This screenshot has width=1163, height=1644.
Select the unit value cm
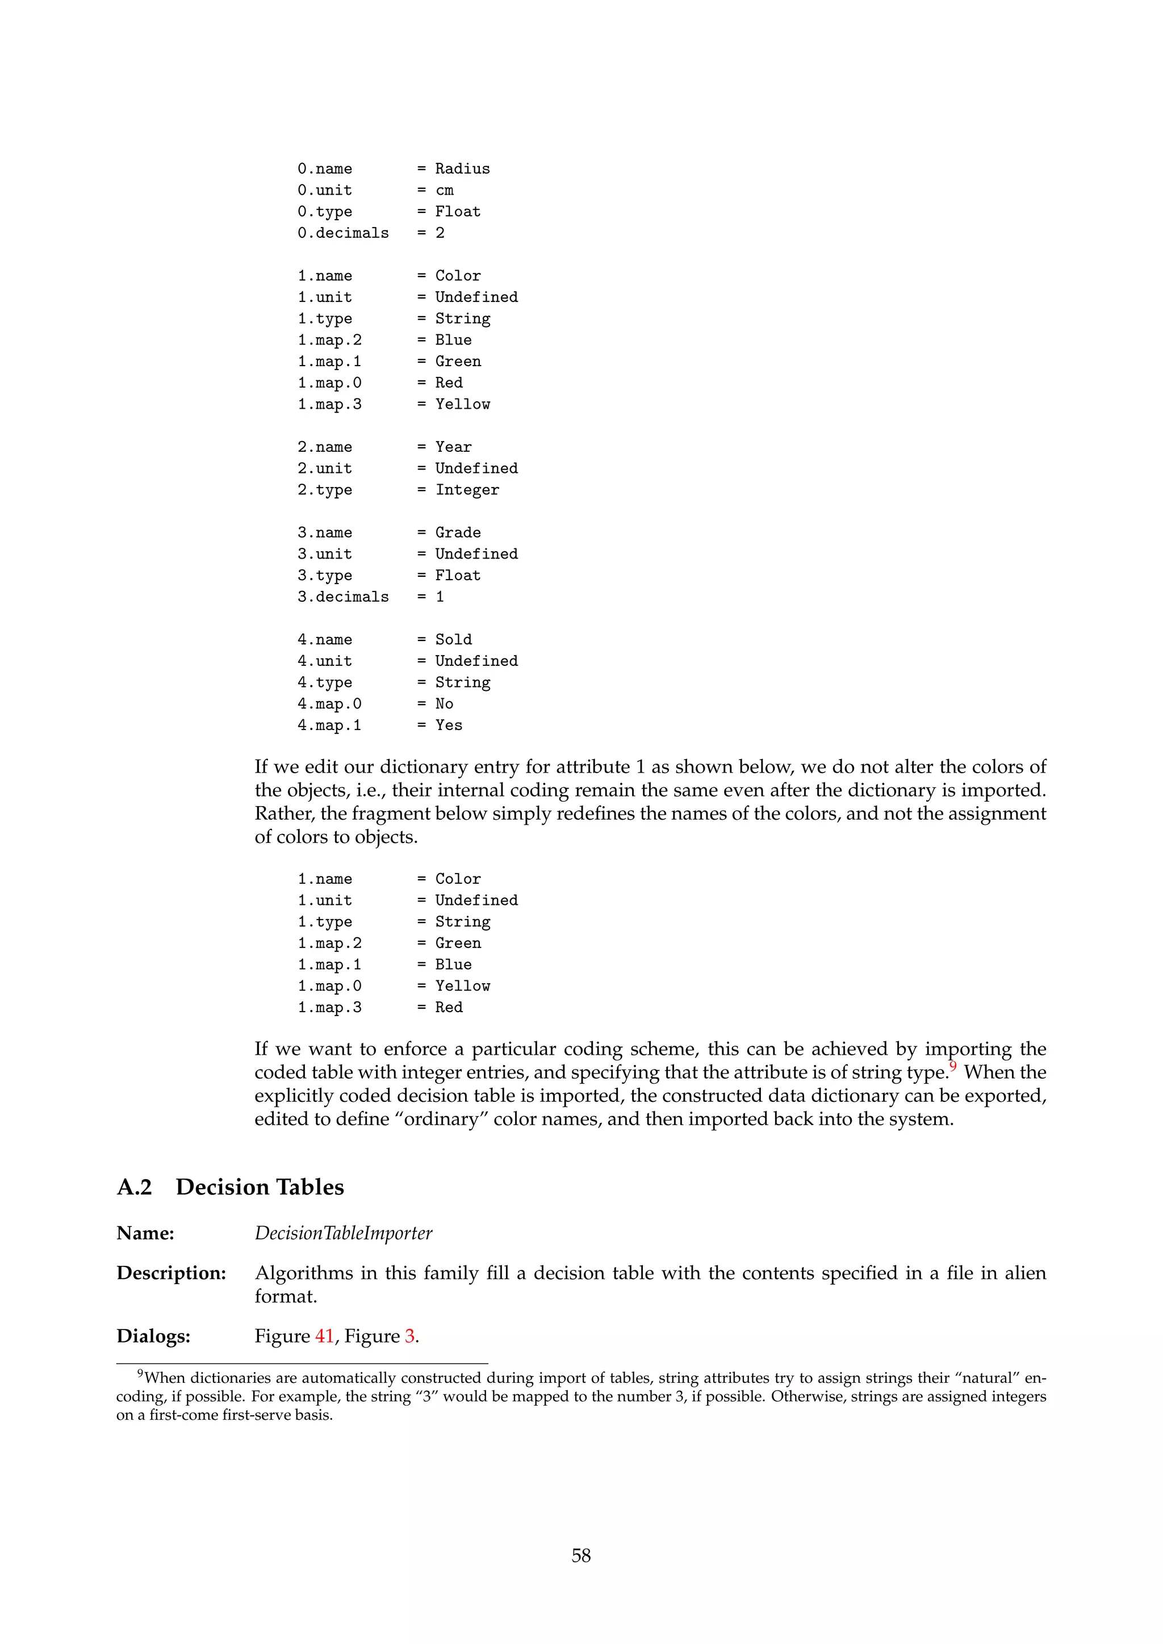(x=444, y=191)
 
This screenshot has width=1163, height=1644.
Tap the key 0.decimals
(x=343, y=233)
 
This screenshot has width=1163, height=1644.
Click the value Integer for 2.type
(x=467, y=490)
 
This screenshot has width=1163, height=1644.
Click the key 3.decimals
(x=343, y=597)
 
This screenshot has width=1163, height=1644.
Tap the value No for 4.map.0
(x=444, y=704)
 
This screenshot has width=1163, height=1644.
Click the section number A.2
(x=135, y=1188)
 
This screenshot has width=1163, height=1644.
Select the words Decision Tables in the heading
(x=260, y=1188)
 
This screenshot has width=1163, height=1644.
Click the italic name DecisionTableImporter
(x=343, y=1234)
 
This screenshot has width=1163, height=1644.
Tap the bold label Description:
(x=171, y=1274)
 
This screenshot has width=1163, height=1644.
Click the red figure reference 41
(x=324, y=1337)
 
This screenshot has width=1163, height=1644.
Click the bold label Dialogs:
(x=153, y=1337)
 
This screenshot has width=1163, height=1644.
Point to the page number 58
(x=581, y=1556)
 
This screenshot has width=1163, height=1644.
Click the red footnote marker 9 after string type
(x=953, y=1067)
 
